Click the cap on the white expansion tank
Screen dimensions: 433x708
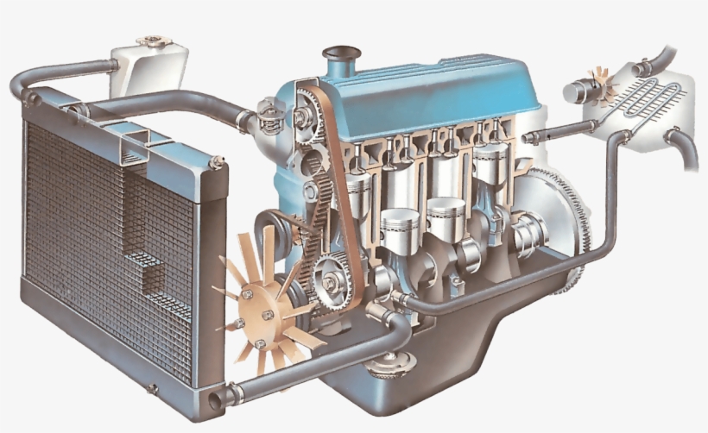[153, 40]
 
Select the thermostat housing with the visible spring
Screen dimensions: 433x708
[269, 116]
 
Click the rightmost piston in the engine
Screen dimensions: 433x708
[490, 164]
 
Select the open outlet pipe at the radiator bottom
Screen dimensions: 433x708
[215, 399]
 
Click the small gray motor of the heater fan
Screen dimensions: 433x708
[577, 90]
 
